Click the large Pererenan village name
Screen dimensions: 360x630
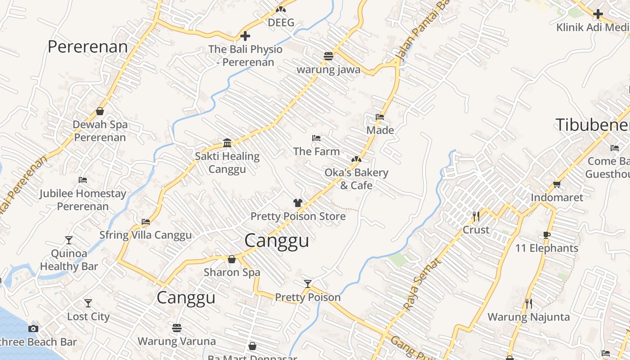88,47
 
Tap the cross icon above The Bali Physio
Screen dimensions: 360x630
245,36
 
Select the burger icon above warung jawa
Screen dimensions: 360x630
328,56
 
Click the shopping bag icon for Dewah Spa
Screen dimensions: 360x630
100,111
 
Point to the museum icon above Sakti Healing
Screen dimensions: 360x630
227,143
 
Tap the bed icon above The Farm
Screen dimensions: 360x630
316,138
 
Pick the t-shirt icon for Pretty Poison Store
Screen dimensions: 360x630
298,203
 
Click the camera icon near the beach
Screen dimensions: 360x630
33,328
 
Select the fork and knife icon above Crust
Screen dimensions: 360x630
476,216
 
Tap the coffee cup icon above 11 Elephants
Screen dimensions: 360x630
547,235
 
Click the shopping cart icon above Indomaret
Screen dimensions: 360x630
557,184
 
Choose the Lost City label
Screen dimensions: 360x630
88,316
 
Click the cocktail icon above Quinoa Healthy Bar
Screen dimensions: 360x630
69,240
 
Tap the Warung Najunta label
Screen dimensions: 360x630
528,317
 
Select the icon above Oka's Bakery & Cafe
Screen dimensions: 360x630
356,159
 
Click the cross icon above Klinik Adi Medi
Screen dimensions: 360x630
598,14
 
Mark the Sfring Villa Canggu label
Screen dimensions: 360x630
145,235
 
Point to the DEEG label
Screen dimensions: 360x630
281,22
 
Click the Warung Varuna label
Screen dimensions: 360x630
176,341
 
